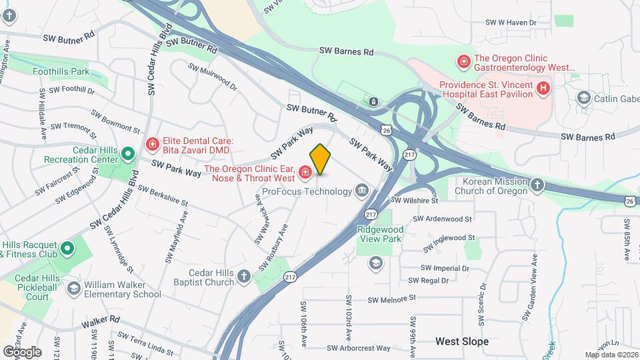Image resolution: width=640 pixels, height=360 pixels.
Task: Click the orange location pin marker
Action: (320, 159)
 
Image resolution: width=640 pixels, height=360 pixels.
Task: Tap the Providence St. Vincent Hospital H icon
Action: (543, 87)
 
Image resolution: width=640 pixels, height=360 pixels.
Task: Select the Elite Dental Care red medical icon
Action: (153, 143)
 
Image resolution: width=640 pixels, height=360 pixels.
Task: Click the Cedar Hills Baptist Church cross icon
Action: (244, 277)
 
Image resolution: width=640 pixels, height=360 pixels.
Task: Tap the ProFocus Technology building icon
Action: (362, 191)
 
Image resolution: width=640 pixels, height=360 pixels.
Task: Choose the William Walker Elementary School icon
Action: (73, 288)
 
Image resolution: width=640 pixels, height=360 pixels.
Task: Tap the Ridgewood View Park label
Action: (380, 233)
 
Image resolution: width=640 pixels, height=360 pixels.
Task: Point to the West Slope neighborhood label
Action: (462, 341)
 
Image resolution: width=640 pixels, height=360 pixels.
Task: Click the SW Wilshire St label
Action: (414, 200)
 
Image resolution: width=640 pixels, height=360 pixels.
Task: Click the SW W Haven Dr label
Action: (511, 22)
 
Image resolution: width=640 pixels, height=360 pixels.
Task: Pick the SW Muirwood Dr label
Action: (213, 75)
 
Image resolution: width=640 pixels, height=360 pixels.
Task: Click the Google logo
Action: (22, 351)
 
